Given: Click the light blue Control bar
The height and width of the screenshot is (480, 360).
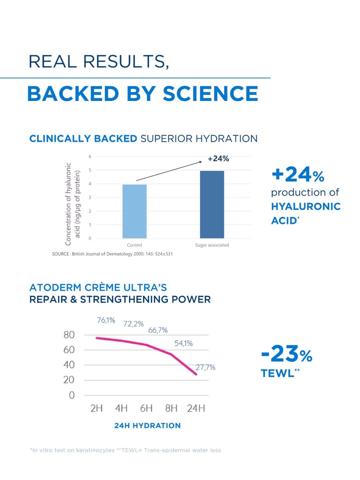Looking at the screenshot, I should click(134, 211).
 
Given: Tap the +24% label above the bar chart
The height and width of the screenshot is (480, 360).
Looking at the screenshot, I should click(218, 159).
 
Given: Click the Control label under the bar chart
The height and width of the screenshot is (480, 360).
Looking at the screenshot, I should click(134, 245).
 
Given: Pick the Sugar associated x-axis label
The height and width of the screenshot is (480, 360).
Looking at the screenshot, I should click(212, 245).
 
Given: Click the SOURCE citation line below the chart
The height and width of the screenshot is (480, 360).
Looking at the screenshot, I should click(112, 254).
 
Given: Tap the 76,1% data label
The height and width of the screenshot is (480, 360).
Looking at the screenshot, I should click(106, 320).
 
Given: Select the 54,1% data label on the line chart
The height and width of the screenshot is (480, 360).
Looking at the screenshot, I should click(183, 343).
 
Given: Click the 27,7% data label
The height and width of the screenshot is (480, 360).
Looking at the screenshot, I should click(205, 367).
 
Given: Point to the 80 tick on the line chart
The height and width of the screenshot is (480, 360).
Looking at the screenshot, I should click(69, 335).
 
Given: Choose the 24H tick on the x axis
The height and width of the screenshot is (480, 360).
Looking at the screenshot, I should click(196, 408).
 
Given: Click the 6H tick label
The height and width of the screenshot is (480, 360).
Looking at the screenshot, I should click(146, 408).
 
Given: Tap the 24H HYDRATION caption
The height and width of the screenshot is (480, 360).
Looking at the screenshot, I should click(147, 426).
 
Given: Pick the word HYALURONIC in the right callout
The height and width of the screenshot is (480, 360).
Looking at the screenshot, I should click(306, 206).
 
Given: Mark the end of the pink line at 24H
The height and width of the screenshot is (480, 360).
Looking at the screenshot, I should click(196, 374).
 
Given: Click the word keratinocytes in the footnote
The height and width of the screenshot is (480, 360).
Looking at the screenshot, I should click(95, 450).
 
